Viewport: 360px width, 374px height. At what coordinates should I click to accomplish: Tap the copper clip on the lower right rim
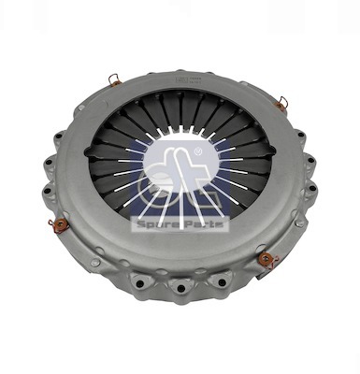[x=265, y=259]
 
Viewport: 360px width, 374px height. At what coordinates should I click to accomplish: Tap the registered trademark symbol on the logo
[x=198, y=151]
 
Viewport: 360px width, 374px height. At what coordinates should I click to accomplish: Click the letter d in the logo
[x=156, y=173]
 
